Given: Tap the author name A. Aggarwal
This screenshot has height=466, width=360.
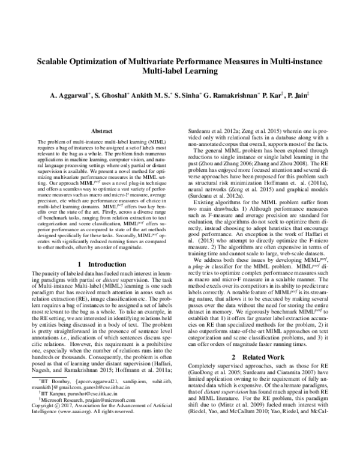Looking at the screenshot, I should tap(69, 95).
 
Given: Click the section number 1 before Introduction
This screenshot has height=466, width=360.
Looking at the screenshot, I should tap(81, 264).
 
